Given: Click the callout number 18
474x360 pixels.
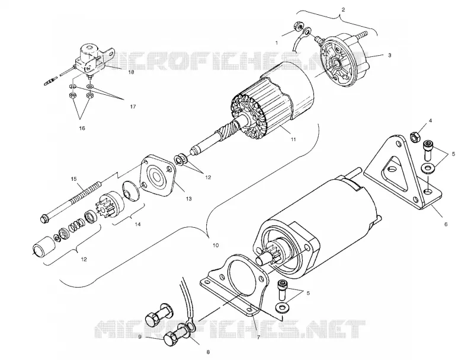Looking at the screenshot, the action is (132, 72).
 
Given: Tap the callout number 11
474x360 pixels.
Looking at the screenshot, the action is (293, 139).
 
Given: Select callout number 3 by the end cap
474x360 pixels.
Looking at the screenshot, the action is (390, 55).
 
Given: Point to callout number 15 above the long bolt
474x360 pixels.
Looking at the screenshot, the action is (74, 179).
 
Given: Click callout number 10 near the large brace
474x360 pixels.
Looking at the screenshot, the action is (216, 246).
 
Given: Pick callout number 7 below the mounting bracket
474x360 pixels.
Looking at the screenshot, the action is (258, 337).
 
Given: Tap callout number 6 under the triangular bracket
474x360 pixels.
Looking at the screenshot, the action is (446, 224).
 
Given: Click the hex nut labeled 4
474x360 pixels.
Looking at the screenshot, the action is (414, 137).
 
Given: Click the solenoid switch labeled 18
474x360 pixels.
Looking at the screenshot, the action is (89, 59).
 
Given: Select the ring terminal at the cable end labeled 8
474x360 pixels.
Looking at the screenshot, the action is (190, 325).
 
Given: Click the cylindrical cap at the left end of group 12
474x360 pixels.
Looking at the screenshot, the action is (43, 246).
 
